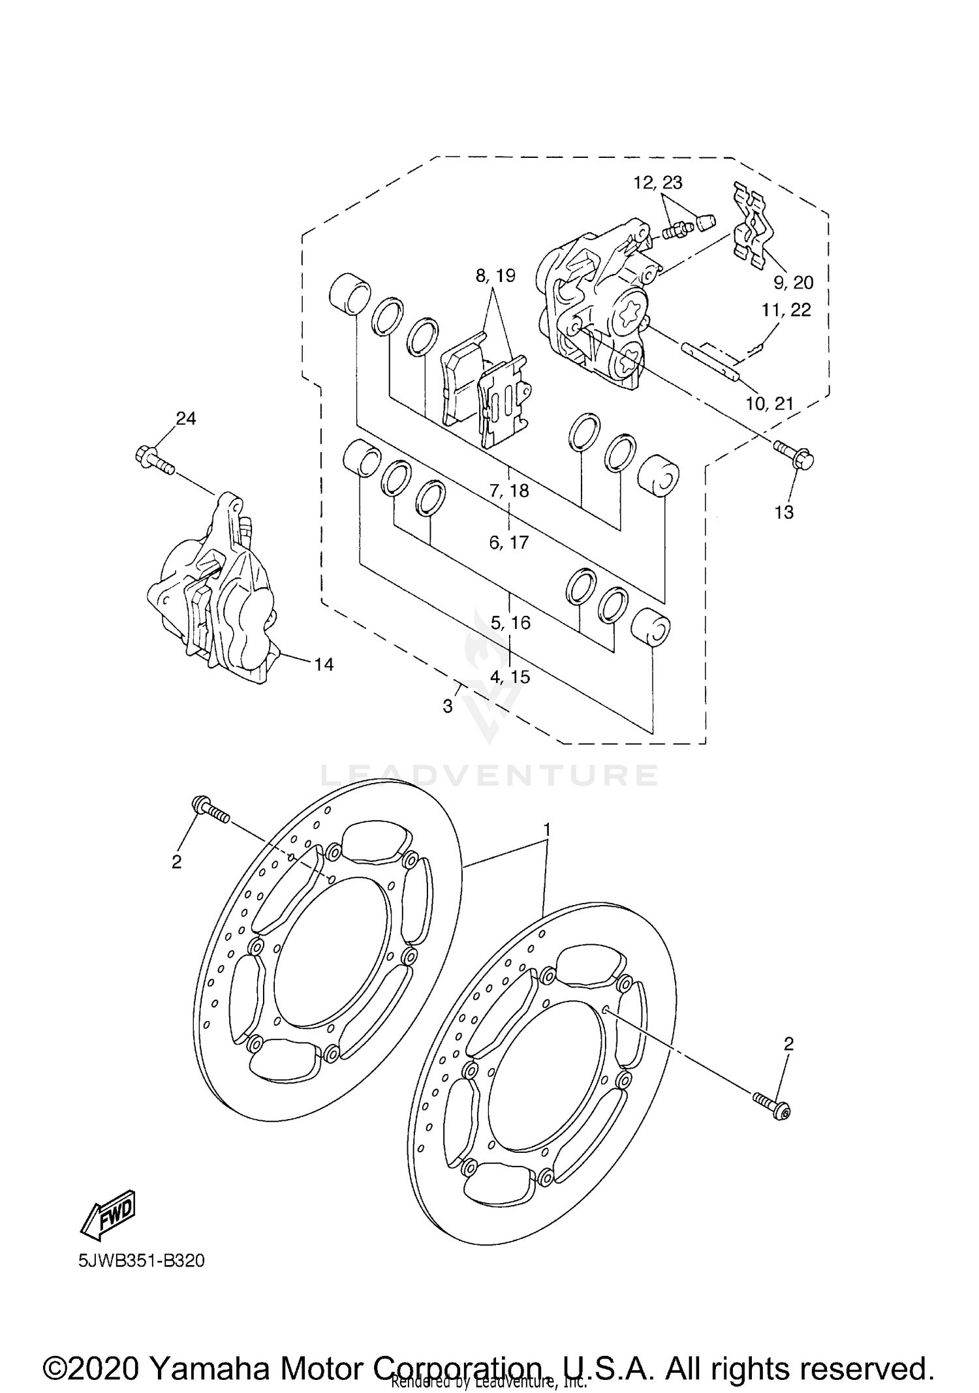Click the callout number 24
pyautogui.click(x=186, y=418)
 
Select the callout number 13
pyautogui.click(x=784, y=512)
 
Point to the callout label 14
pyautogui.click(x=324, y=664)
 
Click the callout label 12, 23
pyautogui.click(x=658, y=183)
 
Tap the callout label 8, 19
pyautogui.click(x=495, y=276)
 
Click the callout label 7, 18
pyautogui.click(x=509, y=490)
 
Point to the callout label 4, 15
pyautogui.click(x=510, y=677)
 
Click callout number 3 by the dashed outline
pyautogui.click(x=448, y=706)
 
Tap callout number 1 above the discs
pyautogui.click(x=548, y=829)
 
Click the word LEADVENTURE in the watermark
pyautogui.click(x=489, y=775)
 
